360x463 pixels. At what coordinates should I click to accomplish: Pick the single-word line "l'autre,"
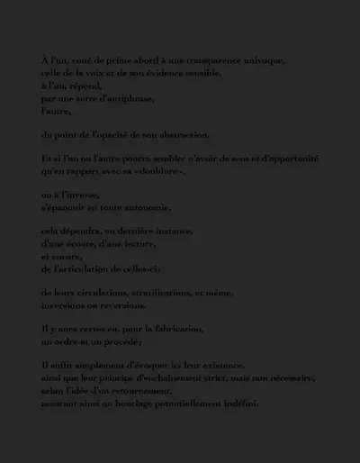pos(56,111)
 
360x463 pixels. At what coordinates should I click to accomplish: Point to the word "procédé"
pos(121,341)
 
